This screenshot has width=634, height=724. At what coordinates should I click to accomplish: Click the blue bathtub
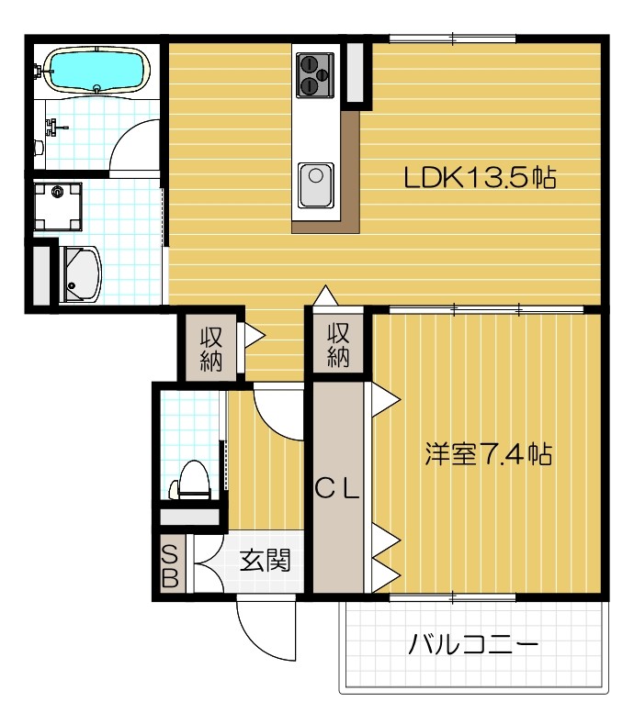[x=96, y=70]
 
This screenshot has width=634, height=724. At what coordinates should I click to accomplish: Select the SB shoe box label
[x=170, y=565]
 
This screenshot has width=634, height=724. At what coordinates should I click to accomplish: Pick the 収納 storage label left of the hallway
[x=210, y=347]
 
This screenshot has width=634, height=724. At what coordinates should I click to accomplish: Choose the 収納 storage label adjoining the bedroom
[x=339, y=344]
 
